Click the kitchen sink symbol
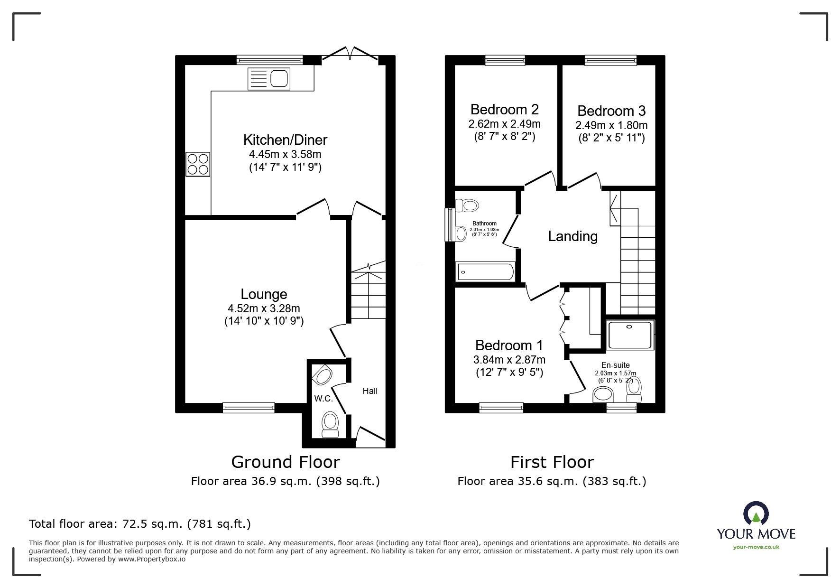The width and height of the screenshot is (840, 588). coord(268,79)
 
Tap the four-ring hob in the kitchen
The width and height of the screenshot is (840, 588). coord(197,164)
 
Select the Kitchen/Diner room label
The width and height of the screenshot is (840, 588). coord(285,140)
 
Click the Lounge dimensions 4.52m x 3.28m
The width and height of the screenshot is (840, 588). coord(264,308)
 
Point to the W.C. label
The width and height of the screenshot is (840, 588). coord(323,398)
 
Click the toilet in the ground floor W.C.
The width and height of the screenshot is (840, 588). coord(330,423)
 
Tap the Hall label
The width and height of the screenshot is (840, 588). coord(370,391)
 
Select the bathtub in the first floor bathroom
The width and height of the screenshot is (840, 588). coord(485,272)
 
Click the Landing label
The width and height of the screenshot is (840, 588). coord(572,236)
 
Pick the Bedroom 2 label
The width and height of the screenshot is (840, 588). coord(504,110)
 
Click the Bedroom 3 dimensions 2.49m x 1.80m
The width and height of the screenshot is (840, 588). coord(611,125)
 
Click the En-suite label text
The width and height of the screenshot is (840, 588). coord(615,365)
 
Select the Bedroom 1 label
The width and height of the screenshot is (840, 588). coord(509,345)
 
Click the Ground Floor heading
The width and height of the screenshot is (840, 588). coord(285,462)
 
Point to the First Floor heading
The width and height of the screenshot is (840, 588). coord(552,462)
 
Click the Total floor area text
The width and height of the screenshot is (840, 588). coord(139,524)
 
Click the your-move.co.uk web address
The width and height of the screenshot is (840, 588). coord(756,547)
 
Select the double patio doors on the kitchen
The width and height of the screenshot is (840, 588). coord(350,54)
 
